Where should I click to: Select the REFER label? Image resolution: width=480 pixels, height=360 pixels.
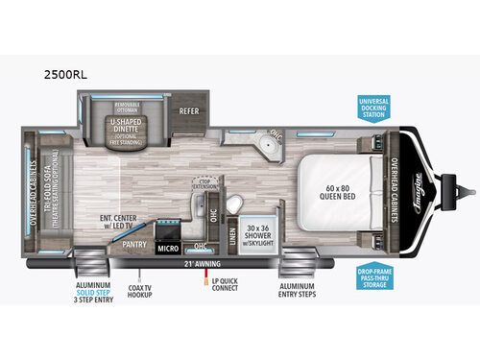pos(188,111)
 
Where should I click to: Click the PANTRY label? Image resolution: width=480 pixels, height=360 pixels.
pos(133,244)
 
